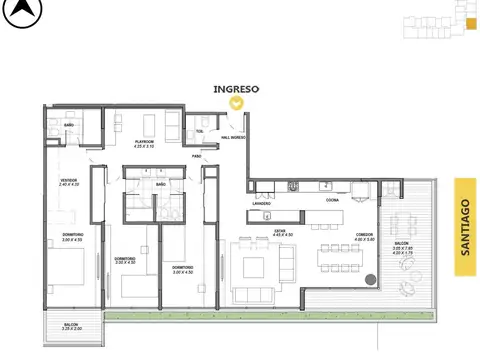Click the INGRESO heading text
236,88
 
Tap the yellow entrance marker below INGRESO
236,101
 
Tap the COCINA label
331,200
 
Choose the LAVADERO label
263,203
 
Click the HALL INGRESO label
232,137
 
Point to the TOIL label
200,131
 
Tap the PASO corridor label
197,156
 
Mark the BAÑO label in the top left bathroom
69,125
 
